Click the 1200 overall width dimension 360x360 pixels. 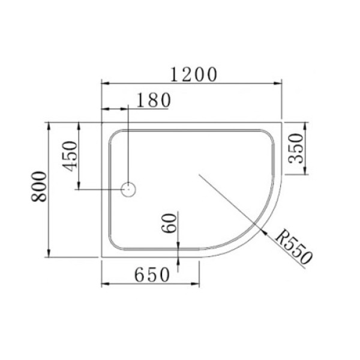point(193,74)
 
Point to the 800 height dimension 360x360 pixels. point(40,187)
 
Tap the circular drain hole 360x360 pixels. point(129,190)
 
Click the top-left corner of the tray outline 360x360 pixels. point(101,122)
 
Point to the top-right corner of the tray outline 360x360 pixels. point(283,122)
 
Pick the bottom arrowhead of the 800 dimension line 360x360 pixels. point(48,253)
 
